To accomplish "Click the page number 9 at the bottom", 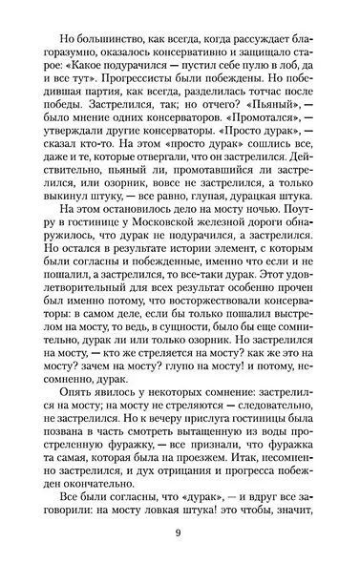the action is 180,533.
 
